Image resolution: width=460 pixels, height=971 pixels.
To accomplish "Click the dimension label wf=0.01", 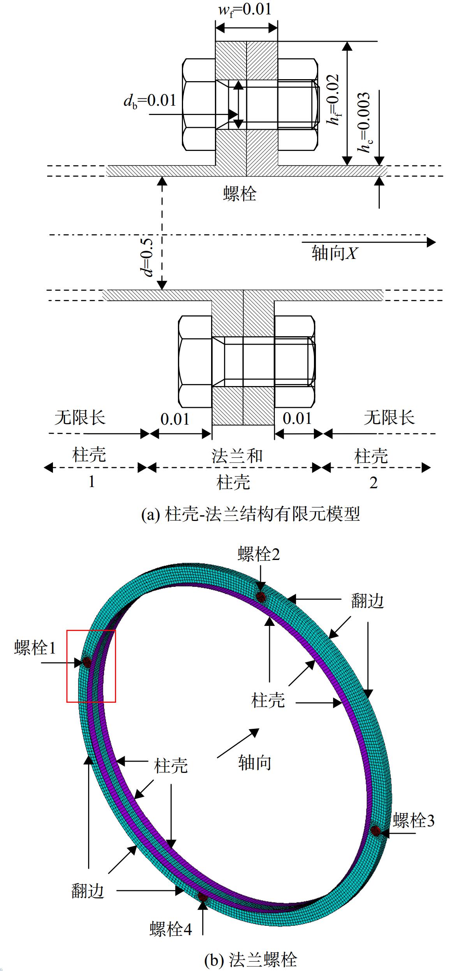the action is [x=245, y=9].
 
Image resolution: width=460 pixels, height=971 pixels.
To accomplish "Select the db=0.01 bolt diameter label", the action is [x=150, y=101].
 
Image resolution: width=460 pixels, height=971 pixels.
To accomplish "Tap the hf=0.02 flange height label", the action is [x=334, y=100].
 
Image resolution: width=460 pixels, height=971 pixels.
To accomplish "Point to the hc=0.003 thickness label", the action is [x=364, y=122].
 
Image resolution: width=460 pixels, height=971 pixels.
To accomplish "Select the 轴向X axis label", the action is [x=335, y=254].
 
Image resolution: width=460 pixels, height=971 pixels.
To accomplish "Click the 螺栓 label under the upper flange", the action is [x=240, y=193].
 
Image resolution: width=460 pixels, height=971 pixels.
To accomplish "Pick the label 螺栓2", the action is [x=259, y=554].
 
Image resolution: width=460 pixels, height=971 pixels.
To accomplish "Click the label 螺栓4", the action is [x=171, y=929].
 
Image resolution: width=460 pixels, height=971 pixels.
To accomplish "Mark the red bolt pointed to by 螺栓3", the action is [x=375, y=830].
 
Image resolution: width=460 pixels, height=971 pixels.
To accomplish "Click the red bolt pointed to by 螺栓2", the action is [x=261, y=597].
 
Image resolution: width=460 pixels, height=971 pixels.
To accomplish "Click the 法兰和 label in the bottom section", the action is [x=237, y=456].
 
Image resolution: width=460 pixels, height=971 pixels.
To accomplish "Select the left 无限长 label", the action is [x=80, y=418].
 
